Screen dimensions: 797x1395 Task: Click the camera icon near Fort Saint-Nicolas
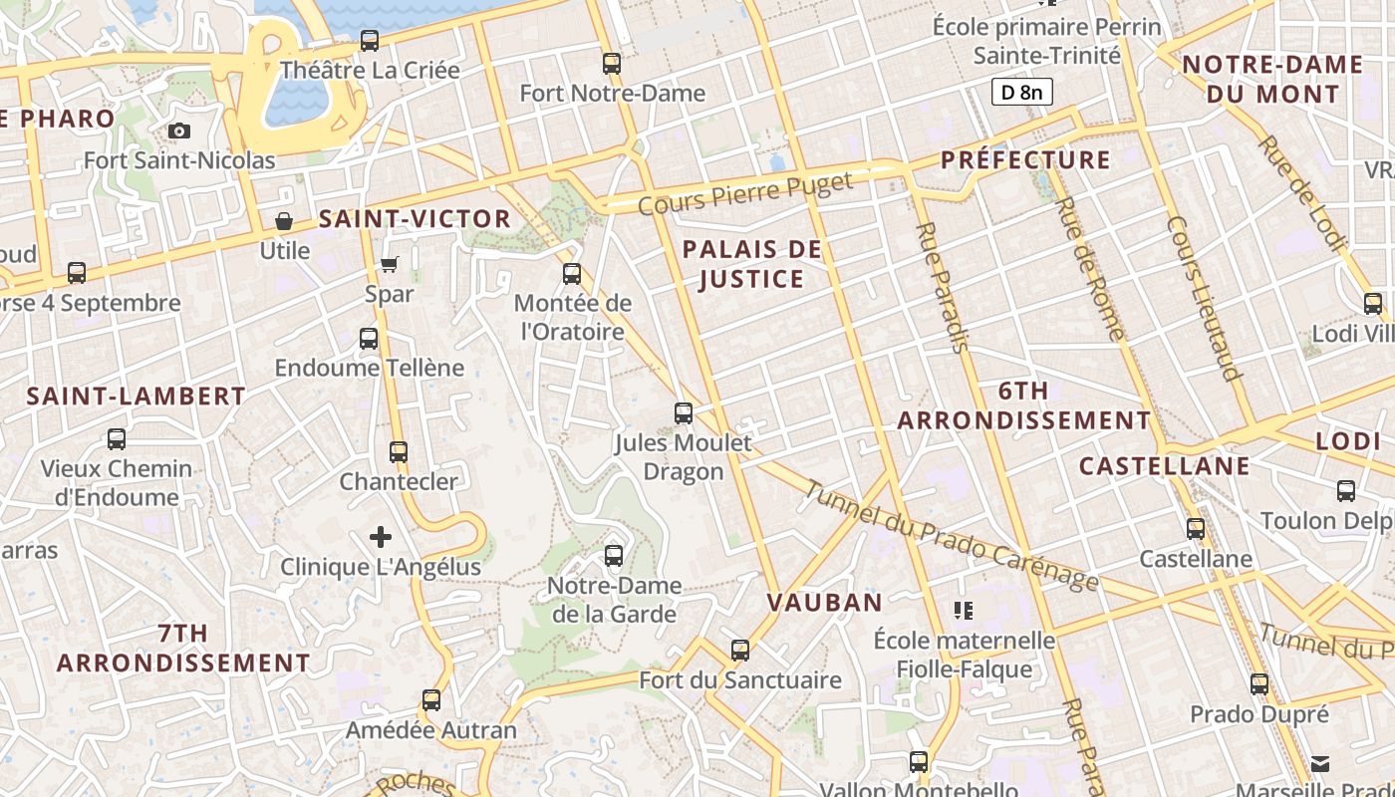(x=179, y=131)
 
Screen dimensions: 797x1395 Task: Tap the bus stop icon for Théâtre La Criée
(x=370, y=41)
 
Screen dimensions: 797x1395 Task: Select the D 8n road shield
(x=1022, y=93)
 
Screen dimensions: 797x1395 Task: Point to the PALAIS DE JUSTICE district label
(x=752, y=264)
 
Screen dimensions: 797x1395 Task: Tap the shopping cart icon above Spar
(x=390, y=264)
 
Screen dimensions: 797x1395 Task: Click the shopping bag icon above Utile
(x=284, y=221)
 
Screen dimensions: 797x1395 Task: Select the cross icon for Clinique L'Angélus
(x=381, y=537)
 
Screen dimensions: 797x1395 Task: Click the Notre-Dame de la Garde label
(x=615, y=599)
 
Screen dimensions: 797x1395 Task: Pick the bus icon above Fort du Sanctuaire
(x=740, y=651)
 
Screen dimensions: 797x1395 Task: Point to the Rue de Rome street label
(x=1088, y=269)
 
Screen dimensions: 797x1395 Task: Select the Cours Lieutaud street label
(x=1206, y=299)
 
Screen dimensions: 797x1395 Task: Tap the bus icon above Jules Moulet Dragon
(x=684, y=412)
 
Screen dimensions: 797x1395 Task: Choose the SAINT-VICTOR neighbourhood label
(x=415, y=219)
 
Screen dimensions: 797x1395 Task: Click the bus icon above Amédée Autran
(x=431, y=700)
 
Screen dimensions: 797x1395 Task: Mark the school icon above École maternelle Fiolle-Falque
(x=963, y=610)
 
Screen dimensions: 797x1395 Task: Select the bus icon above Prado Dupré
(x=1259, y=684)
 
